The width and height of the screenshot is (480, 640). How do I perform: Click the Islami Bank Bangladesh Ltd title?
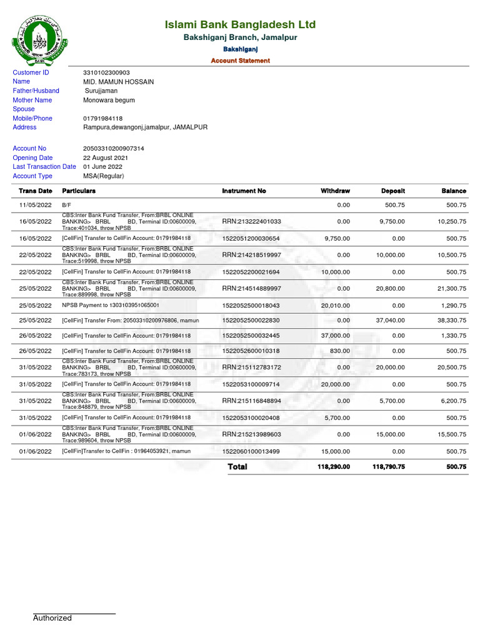tap(240, 25)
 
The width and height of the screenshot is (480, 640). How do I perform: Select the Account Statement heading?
tap(240, 61)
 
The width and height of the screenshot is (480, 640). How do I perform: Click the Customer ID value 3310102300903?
tap(106, 72)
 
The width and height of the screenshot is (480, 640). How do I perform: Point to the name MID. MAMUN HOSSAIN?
tap(118, 82)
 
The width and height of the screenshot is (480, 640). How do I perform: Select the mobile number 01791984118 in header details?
tap(102, 118)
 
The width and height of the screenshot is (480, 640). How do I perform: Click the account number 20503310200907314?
tap(113, 149)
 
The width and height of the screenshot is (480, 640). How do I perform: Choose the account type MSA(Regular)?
tap(104, 176)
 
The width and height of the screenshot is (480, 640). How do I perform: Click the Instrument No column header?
tap(244, 191)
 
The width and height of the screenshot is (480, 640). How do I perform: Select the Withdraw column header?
tap(335, 191)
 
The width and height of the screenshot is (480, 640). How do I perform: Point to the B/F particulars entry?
tap(67, 205)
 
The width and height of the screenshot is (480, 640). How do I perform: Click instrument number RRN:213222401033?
tap(251, 222)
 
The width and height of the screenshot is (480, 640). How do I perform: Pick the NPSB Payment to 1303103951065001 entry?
tap(111, 305)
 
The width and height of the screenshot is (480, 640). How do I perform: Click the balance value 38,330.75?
tap(451, 320)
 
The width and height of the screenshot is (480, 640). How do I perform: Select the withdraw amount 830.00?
tap(340, 351)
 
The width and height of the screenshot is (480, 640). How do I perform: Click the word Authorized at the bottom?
tap(52, 618)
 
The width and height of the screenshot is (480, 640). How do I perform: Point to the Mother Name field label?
tap(32, 100)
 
